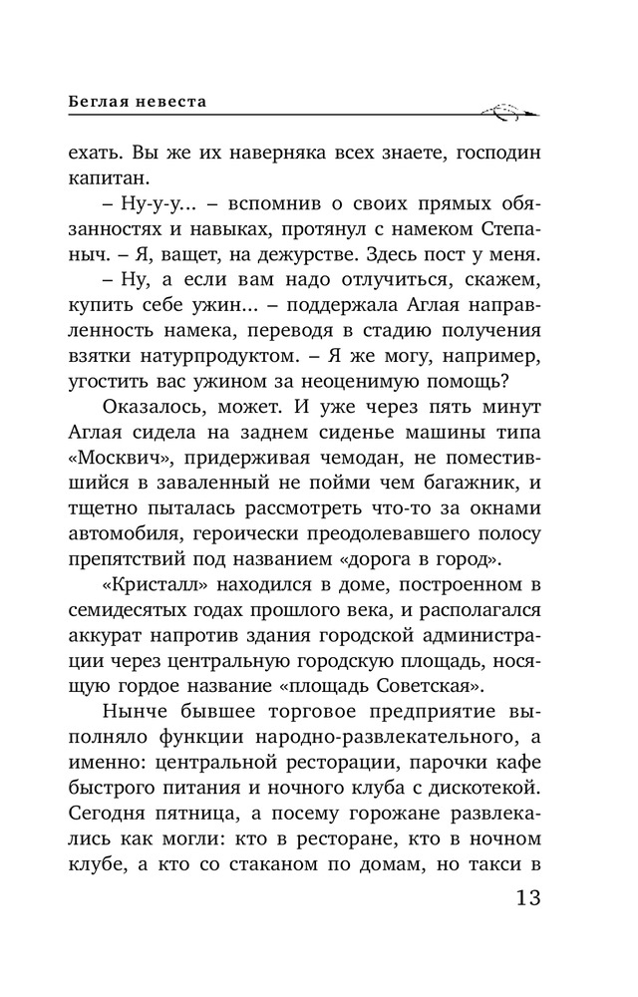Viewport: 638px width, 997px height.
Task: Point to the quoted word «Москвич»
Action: [113, 465]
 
